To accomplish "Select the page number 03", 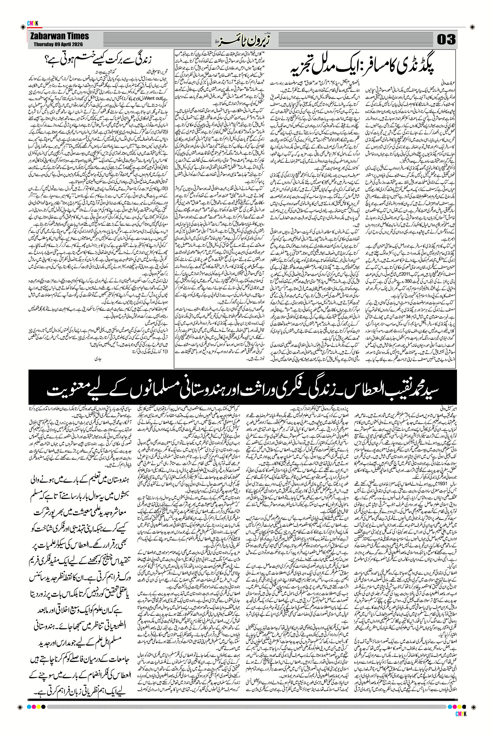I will [x=446, y=40].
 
